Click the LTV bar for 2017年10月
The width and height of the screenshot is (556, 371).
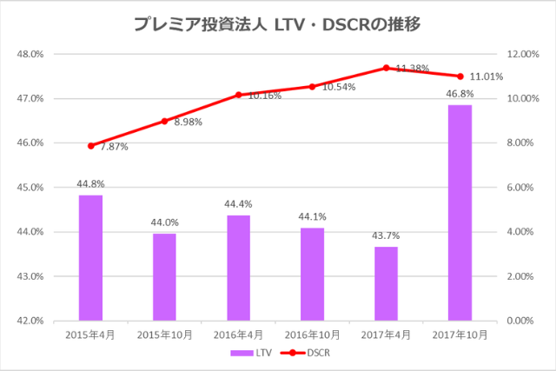[x=460, y=213]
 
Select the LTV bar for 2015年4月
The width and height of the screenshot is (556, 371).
[x=90, y=258]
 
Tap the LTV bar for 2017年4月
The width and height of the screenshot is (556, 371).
[x=386, y=283]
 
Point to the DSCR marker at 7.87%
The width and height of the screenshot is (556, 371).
[x=90, y=146]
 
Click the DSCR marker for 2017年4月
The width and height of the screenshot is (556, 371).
[x=386, y=68]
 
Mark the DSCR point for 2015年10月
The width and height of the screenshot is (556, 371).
[x=164, y=121]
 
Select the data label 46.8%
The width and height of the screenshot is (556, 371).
[x=460, y=93]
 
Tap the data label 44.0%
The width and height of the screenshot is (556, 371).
[x=164, y=222]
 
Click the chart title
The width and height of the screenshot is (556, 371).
[x=277, y=24]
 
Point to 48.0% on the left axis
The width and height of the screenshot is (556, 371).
[x=30, y=54]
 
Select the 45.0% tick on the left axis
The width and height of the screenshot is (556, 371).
[x=30, y=188]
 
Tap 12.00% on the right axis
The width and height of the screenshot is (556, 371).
[x=521, y=54]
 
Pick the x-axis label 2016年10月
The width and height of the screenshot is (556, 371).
[x=312, y=334]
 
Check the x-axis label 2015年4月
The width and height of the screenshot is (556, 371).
[x=90, y=334]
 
